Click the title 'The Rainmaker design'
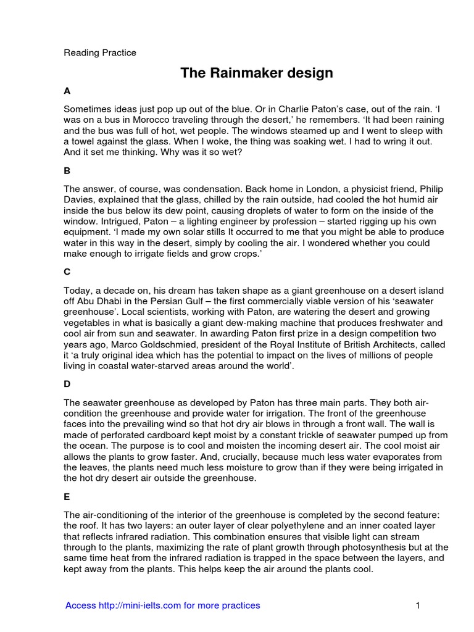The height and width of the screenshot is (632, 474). coord(256,73)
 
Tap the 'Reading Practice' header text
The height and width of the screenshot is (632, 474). coord(100,52)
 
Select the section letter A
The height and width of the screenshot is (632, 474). coord(67,91)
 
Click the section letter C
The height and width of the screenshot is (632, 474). coord(67,269)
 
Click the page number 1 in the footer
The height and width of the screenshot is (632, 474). coord(418,605)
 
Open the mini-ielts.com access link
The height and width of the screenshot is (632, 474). coord(163,605)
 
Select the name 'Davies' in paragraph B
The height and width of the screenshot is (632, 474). coord(79,199)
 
